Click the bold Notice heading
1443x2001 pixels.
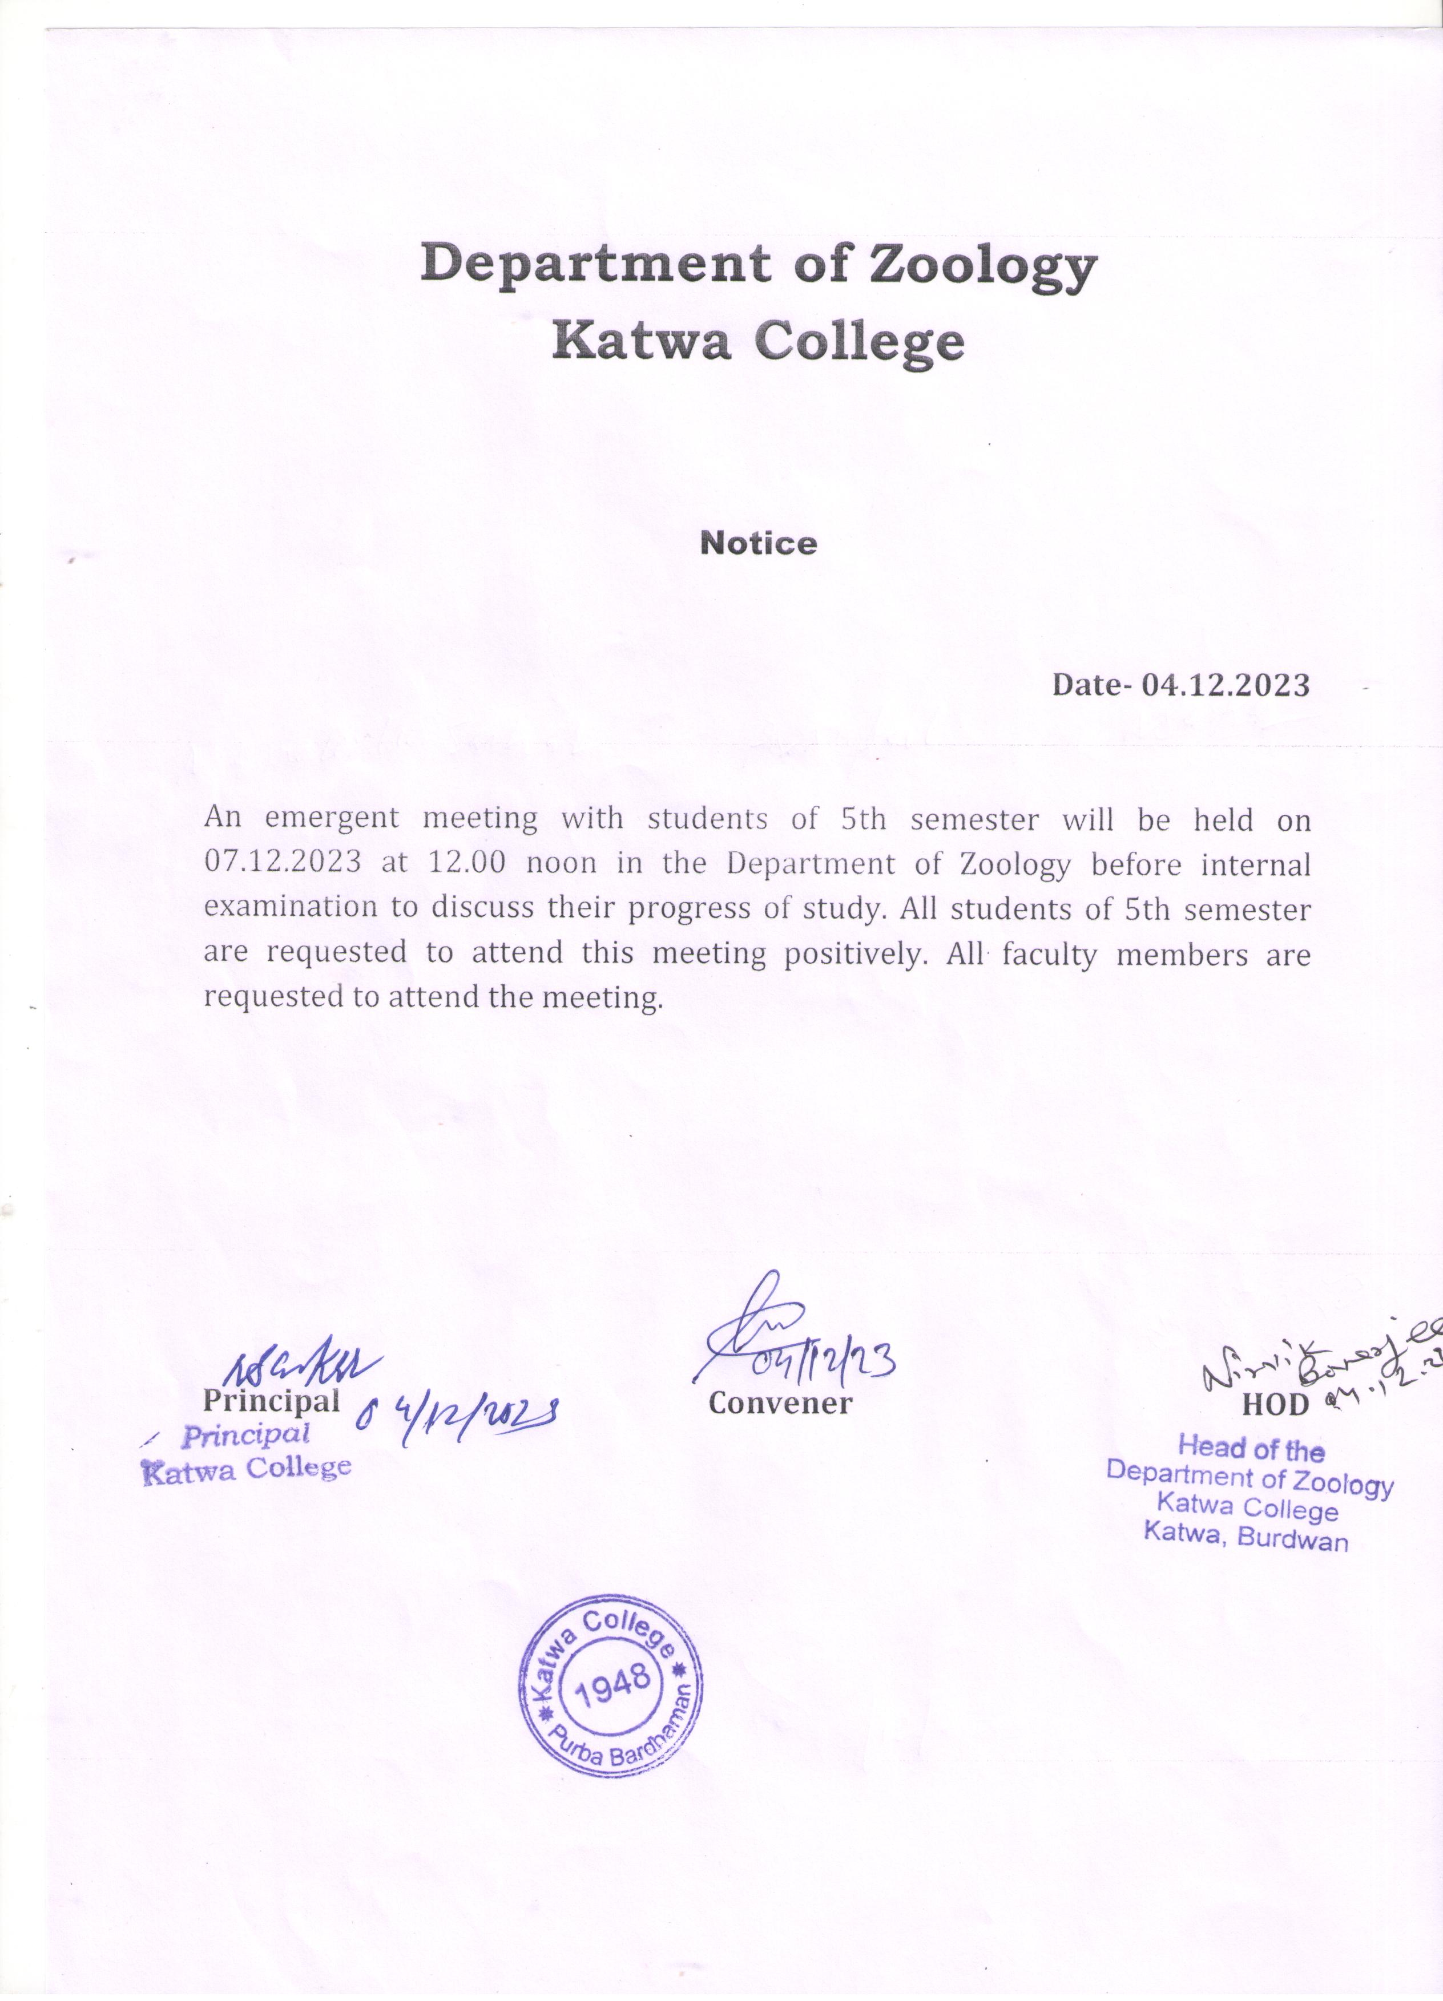pos(758,544)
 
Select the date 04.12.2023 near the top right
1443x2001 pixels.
pos(1225,685)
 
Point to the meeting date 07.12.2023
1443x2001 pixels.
pos(283,862)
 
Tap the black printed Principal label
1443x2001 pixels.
pos(271,1400)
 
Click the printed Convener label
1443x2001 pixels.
pos(780,1403)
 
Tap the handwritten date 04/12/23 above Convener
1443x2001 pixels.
pos(824,1366)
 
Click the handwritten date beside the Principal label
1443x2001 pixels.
pos(458,1418)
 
